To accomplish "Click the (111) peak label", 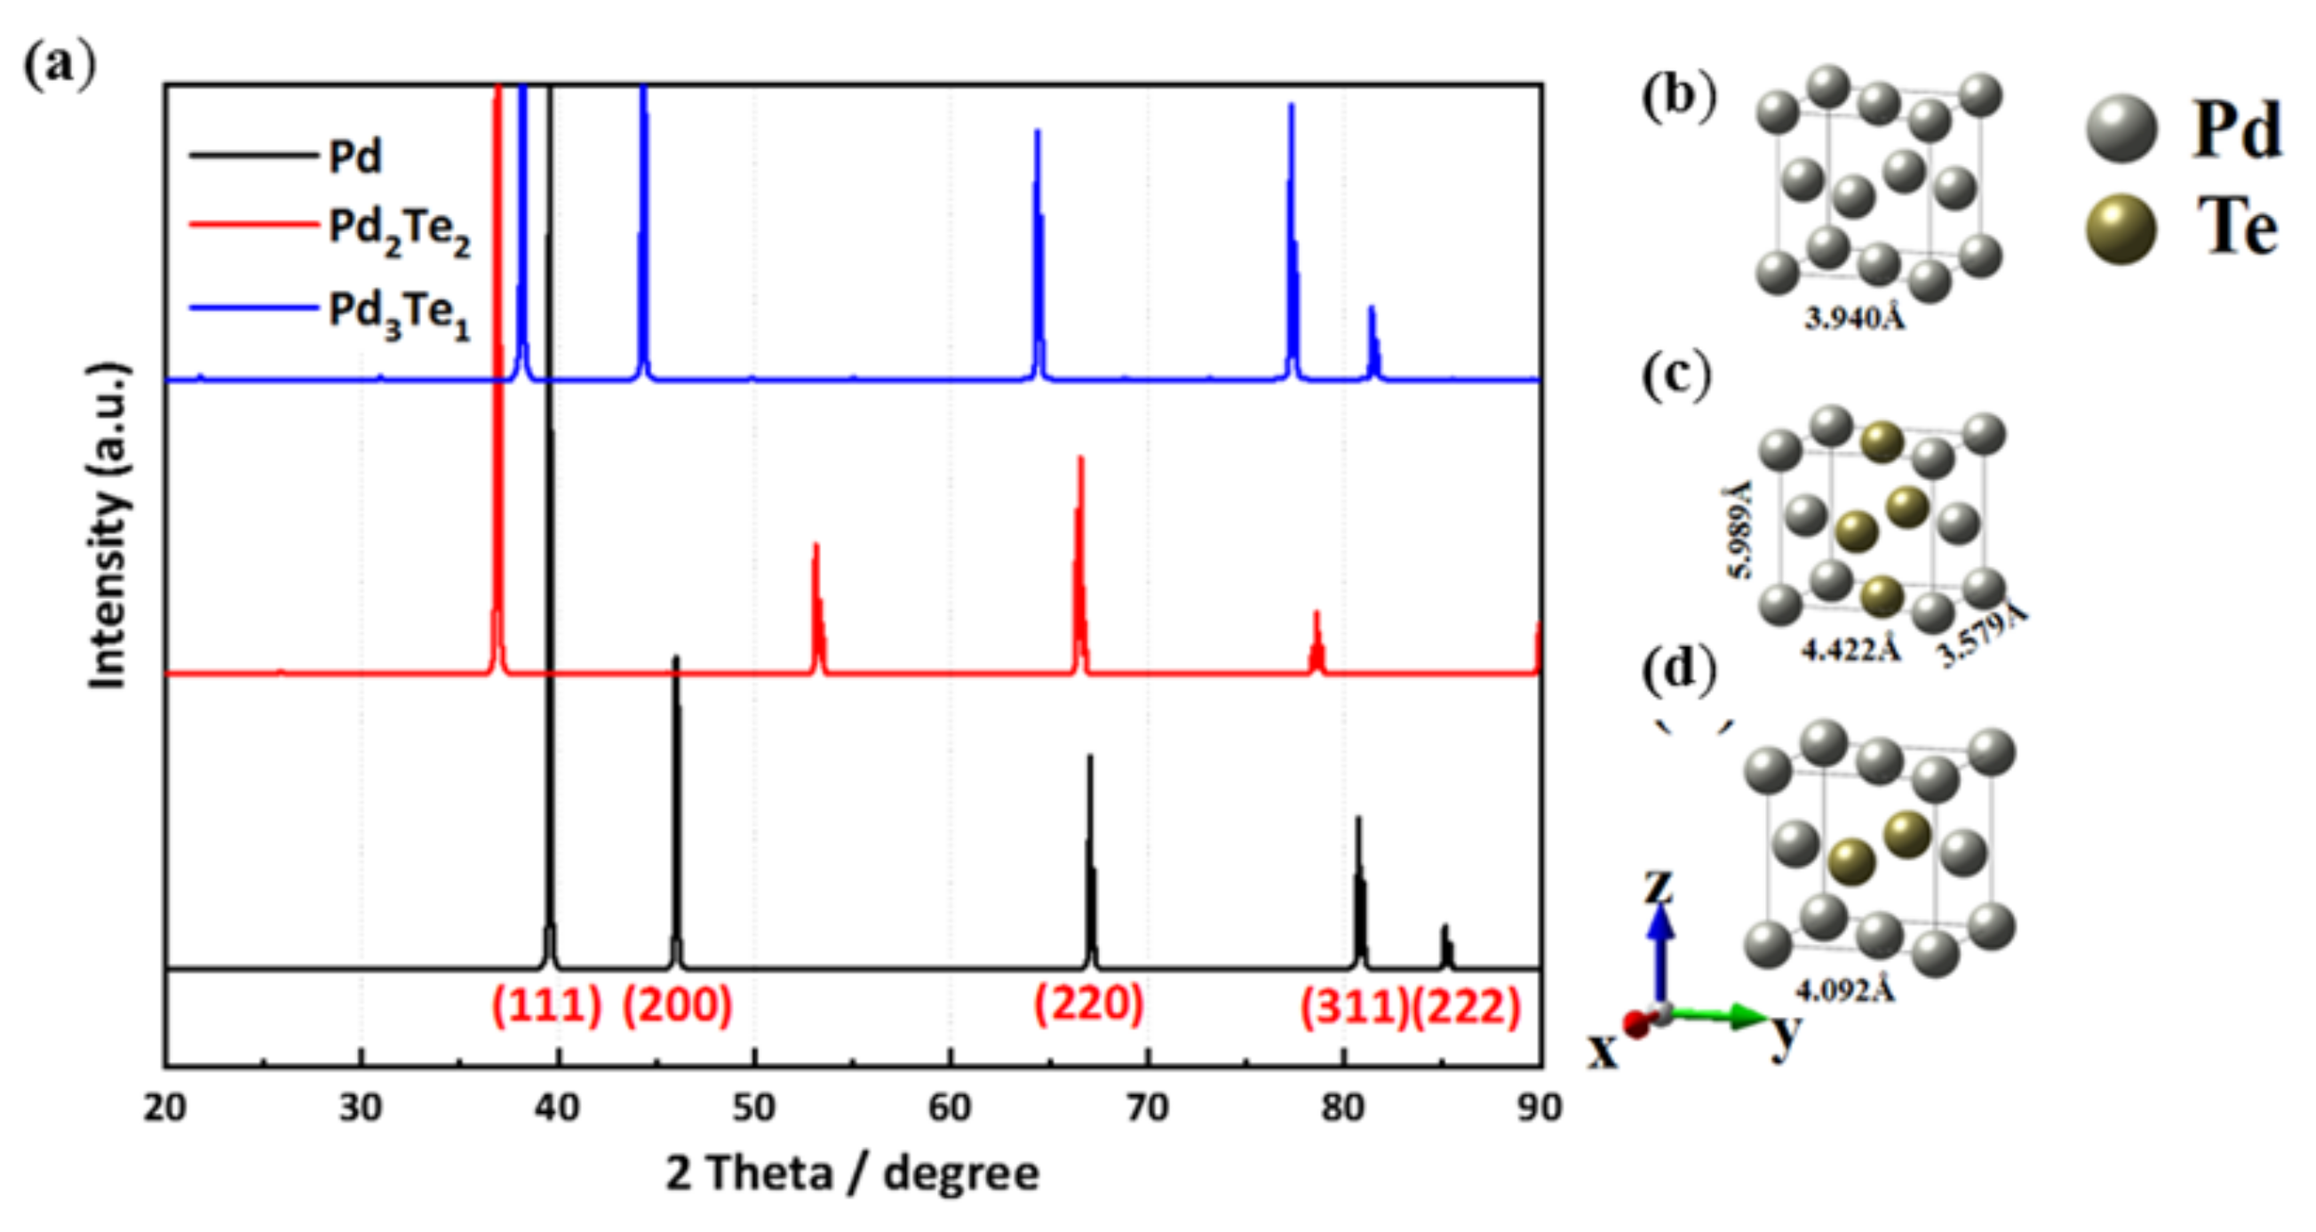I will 545,1005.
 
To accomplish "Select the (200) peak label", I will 678,1005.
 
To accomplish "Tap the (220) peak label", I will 1088,1003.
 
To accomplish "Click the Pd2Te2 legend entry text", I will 399,231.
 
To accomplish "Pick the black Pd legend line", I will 253,156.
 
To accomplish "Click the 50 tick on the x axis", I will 753,1108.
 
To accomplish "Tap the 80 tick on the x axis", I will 1342,1108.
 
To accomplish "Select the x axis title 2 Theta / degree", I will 852,1173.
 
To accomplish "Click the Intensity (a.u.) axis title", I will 107,526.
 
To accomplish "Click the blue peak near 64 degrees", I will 1038,252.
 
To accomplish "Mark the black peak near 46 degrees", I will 676,810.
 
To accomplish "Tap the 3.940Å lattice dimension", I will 1855,317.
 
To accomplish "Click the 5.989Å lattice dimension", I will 1739,530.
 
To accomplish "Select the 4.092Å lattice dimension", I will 1845,991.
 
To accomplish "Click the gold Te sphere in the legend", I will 2121,229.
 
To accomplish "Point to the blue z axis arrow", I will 1661,953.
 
